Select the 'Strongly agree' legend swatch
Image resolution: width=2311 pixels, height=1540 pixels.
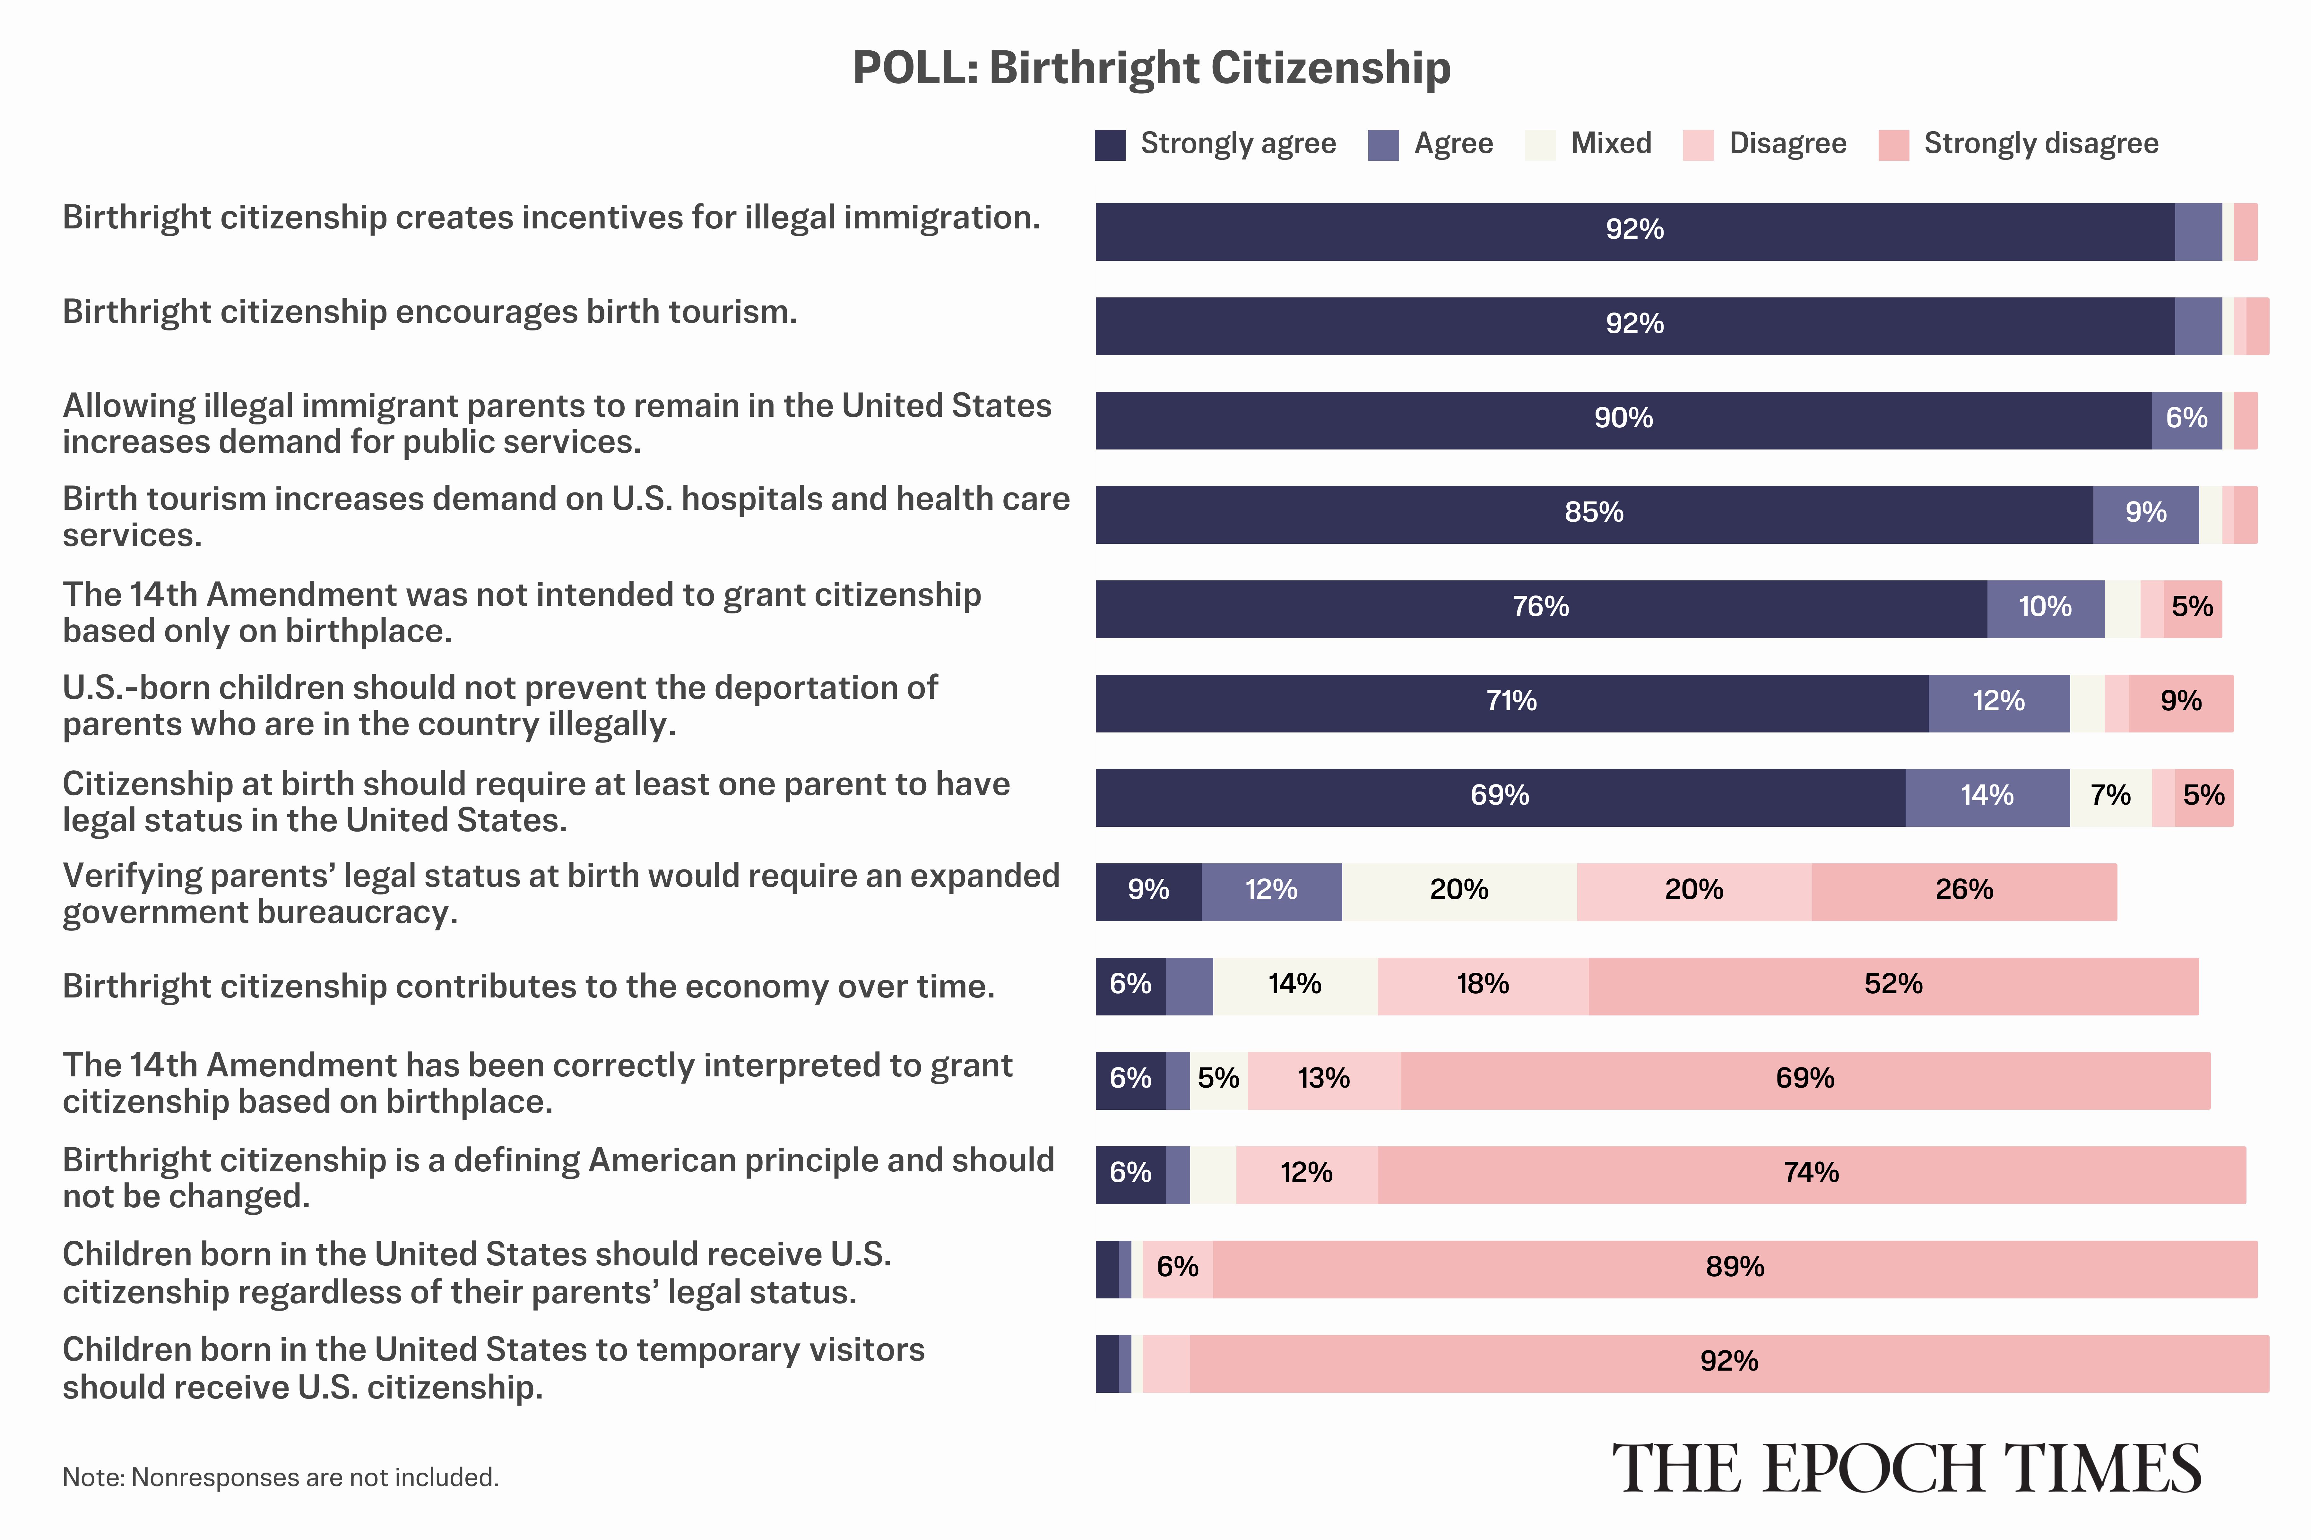coord(1110,144)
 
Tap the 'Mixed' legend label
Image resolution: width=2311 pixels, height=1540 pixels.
coord(1610,143)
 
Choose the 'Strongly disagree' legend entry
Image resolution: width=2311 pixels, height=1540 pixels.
coord(2040,143)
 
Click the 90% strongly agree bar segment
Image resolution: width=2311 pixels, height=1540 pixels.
coord(1623,420)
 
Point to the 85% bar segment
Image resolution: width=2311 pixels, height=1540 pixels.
coord(1594,515)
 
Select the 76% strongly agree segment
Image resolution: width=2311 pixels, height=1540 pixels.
coord(1541,609)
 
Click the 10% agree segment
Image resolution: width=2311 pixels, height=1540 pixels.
coord(2046,609)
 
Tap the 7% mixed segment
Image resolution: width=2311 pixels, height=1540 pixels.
coord(2111,798)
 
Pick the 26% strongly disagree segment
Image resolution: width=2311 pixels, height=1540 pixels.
coord(1964,892)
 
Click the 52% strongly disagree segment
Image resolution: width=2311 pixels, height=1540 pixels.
coord(1893,986)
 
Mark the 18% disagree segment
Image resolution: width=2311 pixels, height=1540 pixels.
coord(1483,986)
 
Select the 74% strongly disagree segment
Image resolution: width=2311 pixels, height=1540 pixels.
coord(1811,1175)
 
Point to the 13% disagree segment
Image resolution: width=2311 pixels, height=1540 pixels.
coord(1323,1080)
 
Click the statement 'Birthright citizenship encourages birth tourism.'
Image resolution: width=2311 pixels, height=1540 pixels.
coord(429,312)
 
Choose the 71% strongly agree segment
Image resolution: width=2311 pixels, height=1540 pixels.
coord(1511,703)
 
